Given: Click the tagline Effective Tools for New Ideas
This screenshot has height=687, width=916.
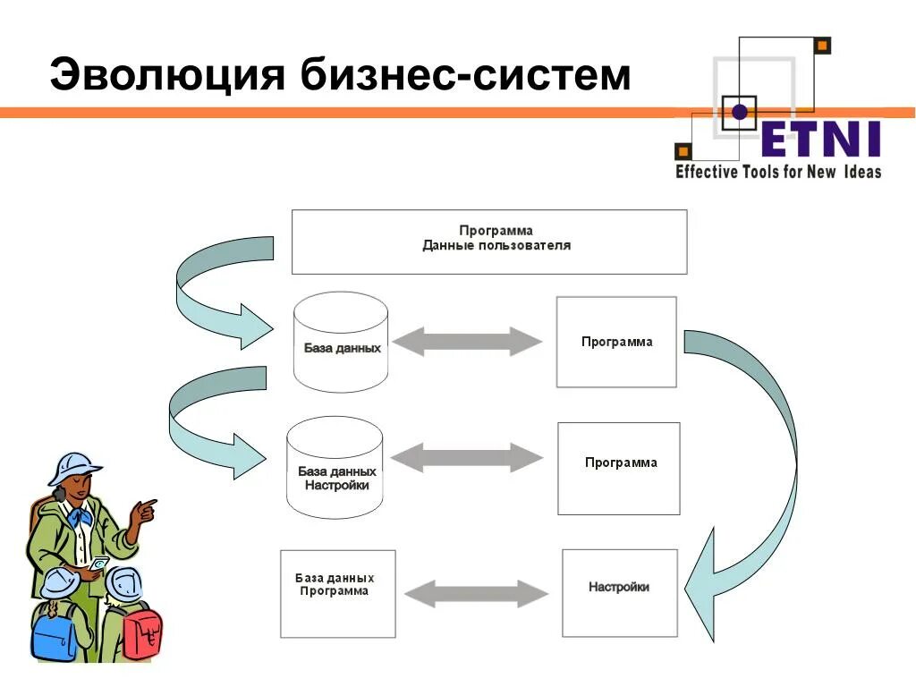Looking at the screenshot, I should [x=777, y=171].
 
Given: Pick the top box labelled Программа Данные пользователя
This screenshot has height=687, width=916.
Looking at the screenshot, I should [x=489, y=242].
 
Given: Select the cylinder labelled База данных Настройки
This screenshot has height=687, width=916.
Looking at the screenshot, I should [x=335, y=467].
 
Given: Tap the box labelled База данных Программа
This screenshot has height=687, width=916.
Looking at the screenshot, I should [x=337, y=593].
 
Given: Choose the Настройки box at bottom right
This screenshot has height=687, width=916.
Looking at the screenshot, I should [x=619, y=593].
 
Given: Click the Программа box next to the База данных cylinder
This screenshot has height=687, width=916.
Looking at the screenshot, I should [x=616, y=342].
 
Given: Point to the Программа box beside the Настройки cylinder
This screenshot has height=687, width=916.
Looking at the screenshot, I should [x=619, y=468].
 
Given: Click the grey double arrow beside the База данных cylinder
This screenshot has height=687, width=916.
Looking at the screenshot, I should [x=468, y=341].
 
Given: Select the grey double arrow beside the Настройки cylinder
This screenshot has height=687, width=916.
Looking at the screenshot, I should [x=467, y=458].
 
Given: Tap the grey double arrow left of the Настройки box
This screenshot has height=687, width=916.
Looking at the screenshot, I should [x=476, y=594].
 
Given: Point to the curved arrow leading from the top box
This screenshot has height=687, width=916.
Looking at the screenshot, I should [x=219, y=286].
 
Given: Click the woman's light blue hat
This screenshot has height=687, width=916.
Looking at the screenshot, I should [x=72, y=466].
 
